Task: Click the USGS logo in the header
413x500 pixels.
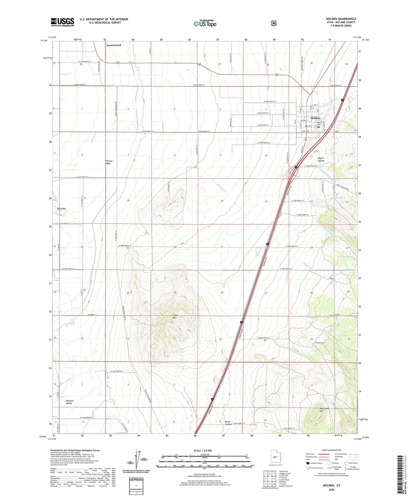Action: tap(62, 22)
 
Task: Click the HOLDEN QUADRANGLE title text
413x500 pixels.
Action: tap(341, 19)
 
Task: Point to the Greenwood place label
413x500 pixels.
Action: tap(114, 45)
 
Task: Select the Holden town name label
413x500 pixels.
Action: tap(315, 118)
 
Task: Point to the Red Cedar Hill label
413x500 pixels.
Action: tap(325, 410)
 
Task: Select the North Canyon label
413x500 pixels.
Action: tap(227, 423)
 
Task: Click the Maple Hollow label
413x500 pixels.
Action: tap(321, 159)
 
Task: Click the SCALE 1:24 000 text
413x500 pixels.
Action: tap(205, 451)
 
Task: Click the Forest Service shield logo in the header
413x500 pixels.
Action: tap(273, 23)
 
